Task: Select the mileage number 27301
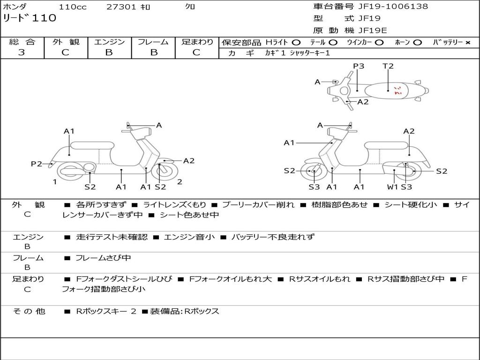[121, 7]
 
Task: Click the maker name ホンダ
[15, 7]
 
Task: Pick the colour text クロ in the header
[190, 7]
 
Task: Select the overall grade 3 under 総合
[22, 52]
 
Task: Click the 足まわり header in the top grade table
[197, 42]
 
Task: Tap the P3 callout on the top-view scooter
[359, 66]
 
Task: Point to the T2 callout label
[388, 66]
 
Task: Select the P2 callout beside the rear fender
[37, 164]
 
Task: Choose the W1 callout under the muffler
[392, 187]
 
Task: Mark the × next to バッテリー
[467, 43]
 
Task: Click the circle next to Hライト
[296, 43]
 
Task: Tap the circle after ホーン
[418, 43]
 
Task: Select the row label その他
[28, 311]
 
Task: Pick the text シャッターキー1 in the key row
[310, 53]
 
